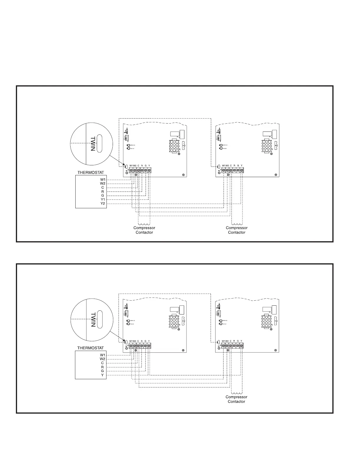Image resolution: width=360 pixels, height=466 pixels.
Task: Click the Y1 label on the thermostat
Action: point(103,199)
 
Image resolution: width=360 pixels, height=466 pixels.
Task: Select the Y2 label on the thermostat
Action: point(103,204)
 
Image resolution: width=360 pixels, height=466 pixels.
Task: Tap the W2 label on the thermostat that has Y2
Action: point(103,184)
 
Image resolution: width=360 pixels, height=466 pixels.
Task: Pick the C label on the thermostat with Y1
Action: point(103,187)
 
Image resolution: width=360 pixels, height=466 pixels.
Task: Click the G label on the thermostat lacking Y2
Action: point(102,371)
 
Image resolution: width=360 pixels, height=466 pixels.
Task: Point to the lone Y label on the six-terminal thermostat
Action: point(102,375)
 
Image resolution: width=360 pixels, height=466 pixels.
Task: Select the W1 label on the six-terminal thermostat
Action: point(102,355)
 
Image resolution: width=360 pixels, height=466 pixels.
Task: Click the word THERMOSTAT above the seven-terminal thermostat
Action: point(91,172)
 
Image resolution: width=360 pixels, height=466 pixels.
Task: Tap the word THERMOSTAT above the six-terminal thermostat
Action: point(90,348)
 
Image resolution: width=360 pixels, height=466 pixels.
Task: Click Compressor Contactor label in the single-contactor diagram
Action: point(236,399)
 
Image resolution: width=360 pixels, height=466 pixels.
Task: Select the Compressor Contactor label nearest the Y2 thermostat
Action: point(144,230)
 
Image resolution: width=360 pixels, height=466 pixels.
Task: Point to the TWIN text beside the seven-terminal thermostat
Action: point(93,144)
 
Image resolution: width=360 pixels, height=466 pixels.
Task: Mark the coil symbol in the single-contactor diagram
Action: point(236,393)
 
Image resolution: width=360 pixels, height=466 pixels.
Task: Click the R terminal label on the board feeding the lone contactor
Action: point(234,341)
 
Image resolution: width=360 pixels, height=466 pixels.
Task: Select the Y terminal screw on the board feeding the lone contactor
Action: point(241,345)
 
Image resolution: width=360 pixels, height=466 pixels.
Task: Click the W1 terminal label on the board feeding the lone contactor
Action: point(224,341)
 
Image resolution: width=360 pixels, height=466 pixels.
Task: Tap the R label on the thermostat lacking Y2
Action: point(102,367)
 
